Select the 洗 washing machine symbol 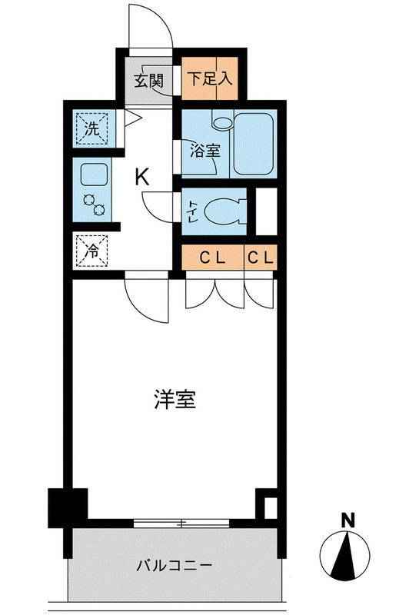coord(92,129)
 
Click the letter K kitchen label coord(142,177)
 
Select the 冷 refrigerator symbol coord(92,250)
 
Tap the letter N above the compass coord(348,520)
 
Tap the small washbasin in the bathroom coord(224,122)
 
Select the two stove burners coord(94,204)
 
